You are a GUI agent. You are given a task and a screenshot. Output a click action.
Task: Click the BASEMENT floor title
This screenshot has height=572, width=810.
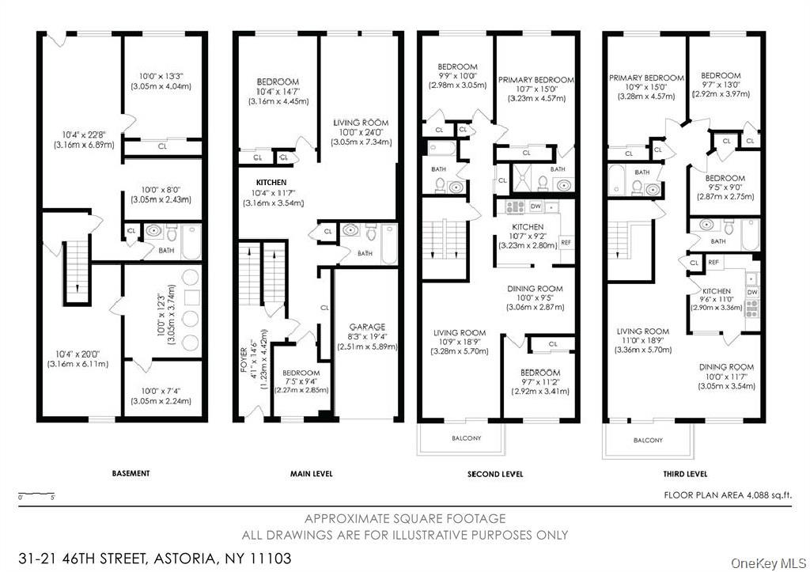click(131, 473)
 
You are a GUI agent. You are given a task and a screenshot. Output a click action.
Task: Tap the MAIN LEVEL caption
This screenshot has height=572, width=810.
click(312, 474)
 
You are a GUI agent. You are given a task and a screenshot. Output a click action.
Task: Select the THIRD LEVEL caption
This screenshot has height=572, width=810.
click(686, 474)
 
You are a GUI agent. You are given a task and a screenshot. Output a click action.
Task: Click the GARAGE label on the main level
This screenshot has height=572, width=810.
click(367, 327)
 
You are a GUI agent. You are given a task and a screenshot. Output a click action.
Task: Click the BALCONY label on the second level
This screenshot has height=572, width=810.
click(467, 438)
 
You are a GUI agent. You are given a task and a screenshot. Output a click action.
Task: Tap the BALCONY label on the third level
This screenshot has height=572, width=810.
click(648, 440)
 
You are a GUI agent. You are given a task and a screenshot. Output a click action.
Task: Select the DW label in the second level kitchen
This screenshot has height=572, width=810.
click(536, 206)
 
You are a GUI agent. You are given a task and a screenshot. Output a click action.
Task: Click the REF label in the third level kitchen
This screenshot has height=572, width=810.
click(713, 263)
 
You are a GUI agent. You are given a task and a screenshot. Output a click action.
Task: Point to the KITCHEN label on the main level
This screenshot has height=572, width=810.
click(271, 183)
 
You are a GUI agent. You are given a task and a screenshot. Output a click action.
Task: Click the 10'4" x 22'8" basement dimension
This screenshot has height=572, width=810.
click(84, 135)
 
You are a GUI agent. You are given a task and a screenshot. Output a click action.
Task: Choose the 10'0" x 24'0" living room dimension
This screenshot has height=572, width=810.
click(361, 132)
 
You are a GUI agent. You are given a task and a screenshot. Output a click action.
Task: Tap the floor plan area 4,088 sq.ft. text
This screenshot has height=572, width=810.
click(728, 495)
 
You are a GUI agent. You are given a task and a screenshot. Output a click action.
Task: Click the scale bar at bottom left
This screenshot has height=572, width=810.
click(36, 494)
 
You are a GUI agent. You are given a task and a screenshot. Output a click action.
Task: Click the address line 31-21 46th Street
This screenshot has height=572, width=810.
click(154, 559)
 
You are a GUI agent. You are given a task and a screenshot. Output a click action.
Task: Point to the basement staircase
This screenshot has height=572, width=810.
click(78, 273)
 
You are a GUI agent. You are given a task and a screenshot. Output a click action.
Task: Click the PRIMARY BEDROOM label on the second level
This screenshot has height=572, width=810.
click(536, 80)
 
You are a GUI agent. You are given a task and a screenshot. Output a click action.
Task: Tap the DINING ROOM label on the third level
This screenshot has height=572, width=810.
click(726, 367)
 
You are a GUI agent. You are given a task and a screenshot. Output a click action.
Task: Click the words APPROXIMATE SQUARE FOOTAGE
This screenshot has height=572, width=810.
click(405, 518)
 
